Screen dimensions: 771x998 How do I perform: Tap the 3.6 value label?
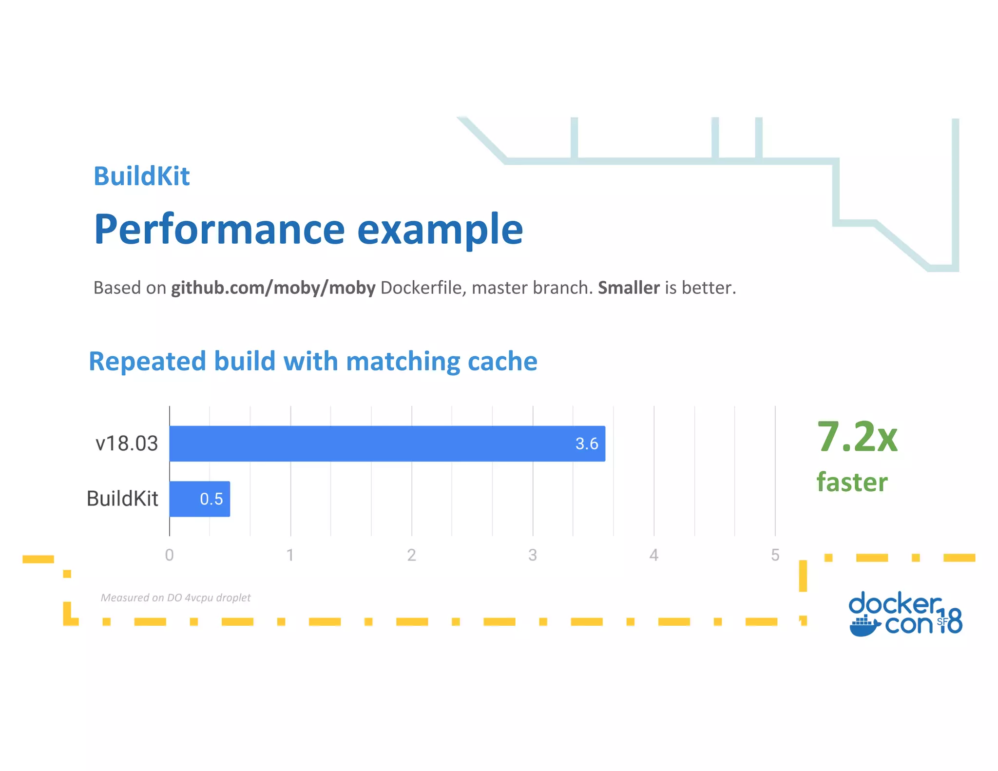pyautogui.click(x=586, y=443)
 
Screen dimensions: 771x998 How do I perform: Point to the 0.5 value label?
pyautogui.click(x=211, y=499)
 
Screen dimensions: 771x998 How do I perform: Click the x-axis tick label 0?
pyautogui.click(x=169, y=555)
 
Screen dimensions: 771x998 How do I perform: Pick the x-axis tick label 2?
pyautogui.click(x=411, y=555)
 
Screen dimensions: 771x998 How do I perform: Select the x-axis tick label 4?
pyautogui.click(x=653, y=555)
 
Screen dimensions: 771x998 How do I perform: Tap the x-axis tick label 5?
pyautogui.click(x=775, y=555)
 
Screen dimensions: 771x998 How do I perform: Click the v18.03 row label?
pyautogui.click(x=127, y=443)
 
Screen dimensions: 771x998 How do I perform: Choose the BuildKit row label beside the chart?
pyautogui.click(x=122, y=499)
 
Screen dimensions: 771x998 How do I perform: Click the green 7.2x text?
pyautogui.click(x=857, y=437)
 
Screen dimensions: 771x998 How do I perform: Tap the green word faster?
pyautogui.click(x=852, y=482)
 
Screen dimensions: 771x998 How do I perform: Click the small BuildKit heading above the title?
pyautogui.click(x=141, y=176)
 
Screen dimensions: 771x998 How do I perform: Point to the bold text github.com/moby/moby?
pyautogui.click(x=273, y=288)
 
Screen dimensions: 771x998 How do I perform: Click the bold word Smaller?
pyautogui.click(x=629, y=288)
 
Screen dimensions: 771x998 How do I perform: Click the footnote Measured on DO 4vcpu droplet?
pyautogui.click(x=175, y=598)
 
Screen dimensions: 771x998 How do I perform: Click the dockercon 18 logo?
pyautogui.click(x=905, y=613)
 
